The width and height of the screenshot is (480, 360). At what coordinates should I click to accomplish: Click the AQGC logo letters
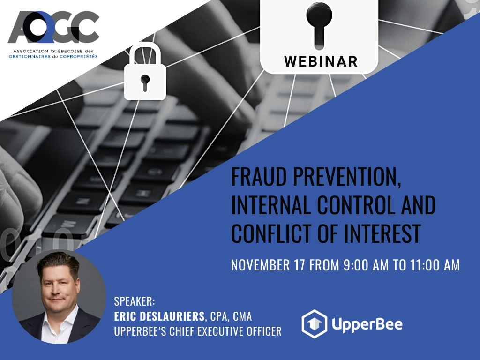tap(54, 27)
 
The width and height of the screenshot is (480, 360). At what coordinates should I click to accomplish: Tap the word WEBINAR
tap(321, 61)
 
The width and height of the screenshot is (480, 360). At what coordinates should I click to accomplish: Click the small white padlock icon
tap(145, 71)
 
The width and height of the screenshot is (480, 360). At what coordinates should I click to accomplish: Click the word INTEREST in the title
tap(382, 233)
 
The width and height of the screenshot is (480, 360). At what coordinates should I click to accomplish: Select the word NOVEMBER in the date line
tap(260, 265)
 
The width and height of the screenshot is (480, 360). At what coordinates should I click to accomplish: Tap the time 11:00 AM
tap(435, 265)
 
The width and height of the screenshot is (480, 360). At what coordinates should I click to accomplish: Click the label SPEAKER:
tap(135, 301)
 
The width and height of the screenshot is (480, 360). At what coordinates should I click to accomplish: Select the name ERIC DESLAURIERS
tap(159, 316)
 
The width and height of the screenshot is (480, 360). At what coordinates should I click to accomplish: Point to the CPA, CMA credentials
tap(231, 316)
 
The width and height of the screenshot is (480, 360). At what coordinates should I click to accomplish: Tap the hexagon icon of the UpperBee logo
tap(315, 324)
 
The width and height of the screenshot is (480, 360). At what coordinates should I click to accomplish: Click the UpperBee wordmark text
tap(367, 324)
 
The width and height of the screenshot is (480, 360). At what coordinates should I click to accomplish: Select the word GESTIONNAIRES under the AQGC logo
tap(30, 57)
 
